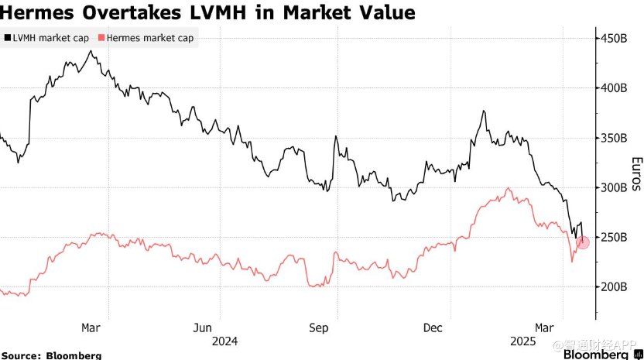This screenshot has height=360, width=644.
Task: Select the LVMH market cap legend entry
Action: (46, 37)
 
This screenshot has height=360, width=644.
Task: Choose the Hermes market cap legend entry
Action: (146, 37)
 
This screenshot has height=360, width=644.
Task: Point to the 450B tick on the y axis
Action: (615, 38)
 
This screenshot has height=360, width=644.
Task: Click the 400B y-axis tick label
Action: (615, 87)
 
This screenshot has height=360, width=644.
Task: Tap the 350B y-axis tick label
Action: (615, 138)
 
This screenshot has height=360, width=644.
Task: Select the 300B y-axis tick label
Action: (615, 187)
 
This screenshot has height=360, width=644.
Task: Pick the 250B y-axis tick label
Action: (615, 237)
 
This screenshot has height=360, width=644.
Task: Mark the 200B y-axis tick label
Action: (615, 286)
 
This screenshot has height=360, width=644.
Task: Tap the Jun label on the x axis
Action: (202, 327)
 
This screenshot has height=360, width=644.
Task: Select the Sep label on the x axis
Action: (319, 327)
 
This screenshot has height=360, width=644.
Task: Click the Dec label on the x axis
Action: (433, 327)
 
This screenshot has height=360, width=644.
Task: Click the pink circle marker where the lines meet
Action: (583, 242)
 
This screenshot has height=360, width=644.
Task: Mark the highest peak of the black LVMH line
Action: (91, 51)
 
